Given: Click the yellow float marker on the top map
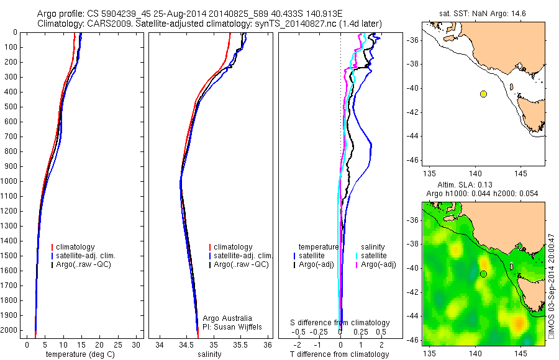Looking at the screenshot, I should pos(483,94).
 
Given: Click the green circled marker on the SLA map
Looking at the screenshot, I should pos(483,274).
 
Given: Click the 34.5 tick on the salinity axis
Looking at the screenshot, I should pos(186,344).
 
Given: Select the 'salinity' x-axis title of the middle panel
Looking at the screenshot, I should pos(209,354).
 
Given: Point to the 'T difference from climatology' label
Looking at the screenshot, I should pos(340,354).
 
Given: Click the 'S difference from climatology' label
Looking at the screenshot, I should pos(340,323).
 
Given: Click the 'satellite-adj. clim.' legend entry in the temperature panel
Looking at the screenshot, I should pos(90,256).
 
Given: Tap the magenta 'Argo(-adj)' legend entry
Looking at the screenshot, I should pos(378,264).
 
